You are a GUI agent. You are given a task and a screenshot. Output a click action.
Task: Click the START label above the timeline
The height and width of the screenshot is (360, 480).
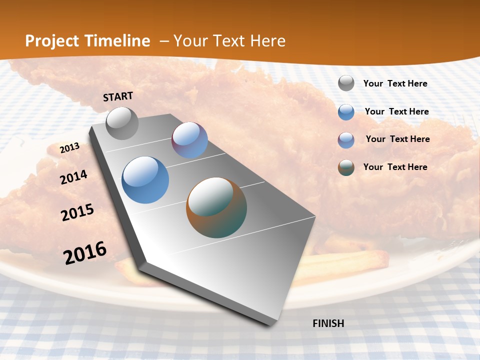[x=118, y=96]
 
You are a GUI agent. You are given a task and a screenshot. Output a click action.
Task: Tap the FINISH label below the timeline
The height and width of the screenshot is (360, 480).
[x=328, y=323]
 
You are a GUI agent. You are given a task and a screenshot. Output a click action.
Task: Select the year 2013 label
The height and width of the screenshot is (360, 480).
[x=69, y=147]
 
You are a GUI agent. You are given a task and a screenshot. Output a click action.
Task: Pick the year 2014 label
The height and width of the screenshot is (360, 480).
[x=73, y=177]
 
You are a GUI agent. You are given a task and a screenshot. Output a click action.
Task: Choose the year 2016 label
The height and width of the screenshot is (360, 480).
[x=85, y=252]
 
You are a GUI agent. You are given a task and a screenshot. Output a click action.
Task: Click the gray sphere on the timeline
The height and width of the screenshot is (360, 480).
[x=122, y=123]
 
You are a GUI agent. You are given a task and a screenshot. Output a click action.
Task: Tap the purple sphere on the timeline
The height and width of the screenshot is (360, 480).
[x=189, y=140]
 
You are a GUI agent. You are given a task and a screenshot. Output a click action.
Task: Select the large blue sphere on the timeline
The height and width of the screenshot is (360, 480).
[x=145, y=180]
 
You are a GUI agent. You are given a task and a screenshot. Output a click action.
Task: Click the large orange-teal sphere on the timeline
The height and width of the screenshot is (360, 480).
[x=216, y=207]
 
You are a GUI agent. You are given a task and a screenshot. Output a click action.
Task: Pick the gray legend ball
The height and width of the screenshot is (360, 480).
[x=346, y=83]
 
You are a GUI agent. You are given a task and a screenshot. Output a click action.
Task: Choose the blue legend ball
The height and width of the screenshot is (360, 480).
[x=346, y=112]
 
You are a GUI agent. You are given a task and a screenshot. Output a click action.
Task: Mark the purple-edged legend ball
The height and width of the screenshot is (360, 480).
[x=346, y=140]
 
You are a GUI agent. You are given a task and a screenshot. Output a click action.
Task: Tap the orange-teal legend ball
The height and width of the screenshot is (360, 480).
[x=346, y=167]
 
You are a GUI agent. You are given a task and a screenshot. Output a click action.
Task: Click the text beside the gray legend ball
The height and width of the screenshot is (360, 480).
[x=395, y=83]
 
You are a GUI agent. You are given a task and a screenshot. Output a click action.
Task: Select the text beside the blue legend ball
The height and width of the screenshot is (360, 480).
[x=396, y=111]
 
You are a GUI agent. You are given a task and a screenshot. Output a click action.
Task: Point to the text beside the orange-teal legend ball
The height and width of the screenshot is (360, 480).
[x=395, y=167]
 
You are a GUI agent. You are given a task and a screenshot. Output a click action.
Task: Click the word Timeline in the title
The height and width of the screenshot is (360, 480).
[x=117, y=41]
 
